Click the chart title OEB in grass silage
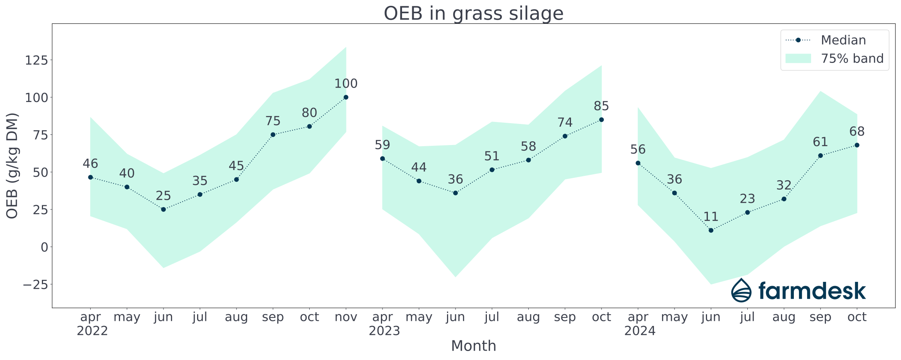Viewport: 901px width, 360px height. point(473,13)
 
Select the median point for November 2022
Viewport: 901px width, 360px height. point(346,97)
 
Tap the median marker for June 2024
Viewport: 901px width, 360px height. point(711,230)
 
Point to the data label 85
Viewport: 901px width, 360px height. point(601,106)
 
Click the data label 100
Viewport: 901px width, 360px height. point(346,84)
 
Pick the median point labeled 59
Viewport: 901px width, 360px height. point(382,159)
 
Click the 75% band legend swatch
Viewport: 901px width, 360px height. point(798,59)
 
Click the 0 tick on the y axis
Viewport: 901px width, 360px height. point(44,247)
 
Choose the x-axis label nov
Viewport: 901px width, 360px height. point(346,317)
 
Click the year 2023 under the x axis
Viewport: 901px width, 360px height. point(384,331)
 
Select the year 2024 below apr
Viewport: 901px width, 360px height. point(639,331)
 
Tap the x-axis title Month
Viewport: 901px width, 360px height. point(473,346)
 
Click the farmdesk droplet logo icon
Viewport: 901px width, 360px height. point(741,290)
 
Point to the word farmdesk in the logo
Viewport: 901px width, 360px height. point(812,291)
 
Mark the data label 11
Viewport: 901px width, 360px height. point(711,217)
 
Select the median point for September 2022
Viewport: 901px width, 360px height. point(273,135)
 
